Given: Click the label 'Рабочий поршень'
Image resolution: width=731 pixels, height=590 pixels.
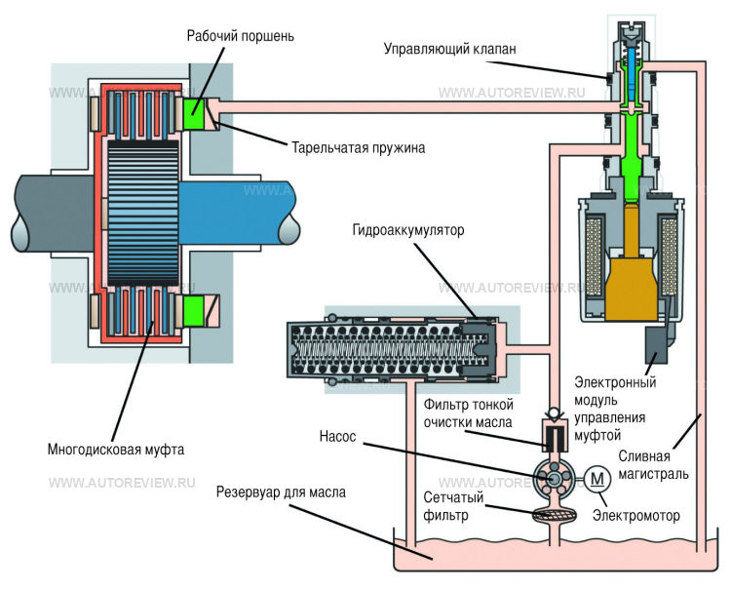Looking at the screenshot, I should [x=241, y=36].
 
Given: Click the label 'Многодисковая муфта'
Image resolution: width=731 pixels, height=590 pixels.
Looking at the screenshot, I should [x=115, y=450].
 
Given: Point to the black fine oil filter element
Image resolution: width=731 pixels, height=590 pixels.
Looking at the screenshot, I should [x=556, y=436].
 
